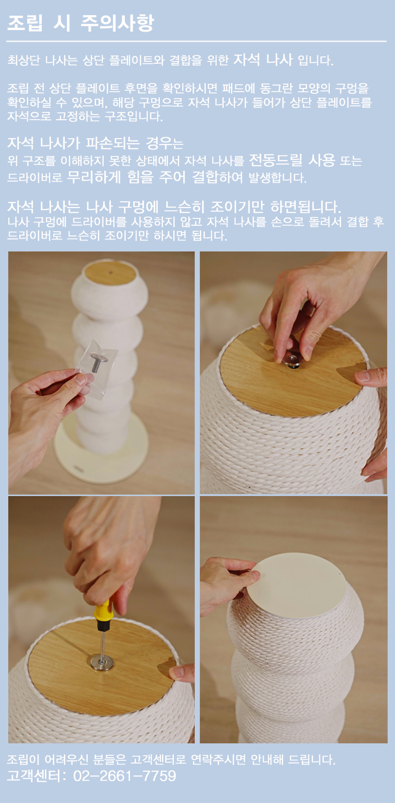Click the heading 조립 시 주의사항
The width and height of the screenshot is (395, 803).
(81, 23)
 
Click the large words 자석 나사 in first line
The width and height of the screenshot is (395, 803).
(263, 59)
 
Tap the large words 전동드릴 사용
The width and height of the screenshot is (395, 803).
(292, 160)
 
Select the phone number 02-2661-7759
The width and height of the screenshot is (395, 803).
(124, 776)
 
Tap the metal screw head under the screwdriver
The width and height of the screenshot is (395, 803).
(102, 662)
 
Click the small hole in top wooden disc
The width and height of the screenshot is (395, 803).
(111, 272)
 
